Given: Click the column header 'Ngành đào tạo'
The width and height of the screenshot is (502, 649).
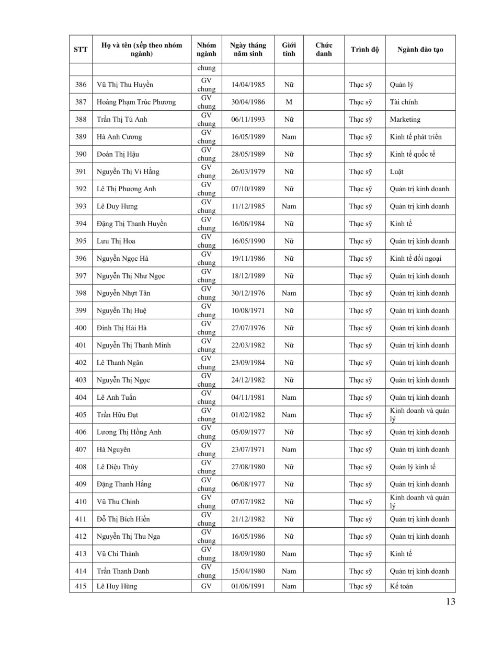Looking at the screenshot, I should (x=420, y=50).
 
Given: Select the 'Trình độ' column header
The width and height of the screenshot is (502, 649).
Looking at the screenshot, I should (x=364, y=50).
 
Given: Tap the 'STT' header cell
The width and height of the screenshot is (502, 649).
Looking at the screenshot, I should (x=81, y=50).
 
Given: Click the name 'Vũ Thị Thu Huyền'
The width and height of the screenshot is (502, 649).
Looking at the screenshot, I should (x=125, y=85).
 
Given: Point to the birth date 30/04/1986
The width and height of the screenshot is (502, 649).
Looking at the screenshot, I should (x=248, y=102).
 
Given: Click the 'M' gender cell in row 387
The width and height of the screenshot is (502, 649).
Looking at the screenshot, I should (x=289, y=102).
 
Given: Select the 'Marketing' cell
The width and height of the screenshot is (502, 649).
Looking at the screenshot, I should (x=405, y=119).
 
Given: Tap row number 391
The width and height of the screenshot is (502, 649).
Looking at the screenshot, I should (x=81, y=171).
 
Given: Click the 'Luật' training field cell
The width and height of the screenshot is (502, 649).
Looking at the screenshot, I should (x=396, y=171).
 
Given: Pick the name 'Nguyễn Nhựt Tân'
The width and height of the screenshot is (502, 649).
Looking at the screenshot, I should (x=123, y=293).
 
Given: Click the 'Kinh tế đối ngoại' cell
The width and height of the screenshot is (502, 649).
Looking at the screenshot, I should (x=415, y=258).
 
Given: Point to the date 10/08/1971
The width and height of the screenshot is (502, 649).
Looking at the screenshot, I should (x=248, y=310).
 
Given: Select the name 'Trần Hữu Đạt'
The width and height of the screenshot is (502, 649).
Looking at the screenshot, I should (x=118, y=415).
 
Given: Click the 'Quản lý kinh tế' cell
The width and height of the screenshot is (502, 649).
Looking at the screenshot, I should (x=412, y=467).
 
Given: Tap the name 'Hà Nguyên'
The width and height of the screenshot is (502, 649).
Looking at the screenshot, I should (x=113, y=449).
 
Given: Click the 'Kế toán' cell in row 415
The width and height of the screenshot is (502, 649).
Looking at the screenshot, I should (x=401, y=586).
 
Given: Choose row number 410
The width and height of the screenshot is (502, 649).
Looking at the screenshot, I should (x=81, y=502).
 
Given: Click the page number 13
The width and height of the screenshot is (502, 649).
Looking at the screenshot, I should (x=451, y=601).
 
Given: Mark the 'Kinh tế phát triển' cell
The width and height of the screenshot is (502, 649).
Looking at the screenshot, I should (x=415, y=137).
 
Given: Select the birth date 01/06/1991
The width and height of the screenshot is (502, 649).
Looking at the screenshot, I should (x=248, y=586).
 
